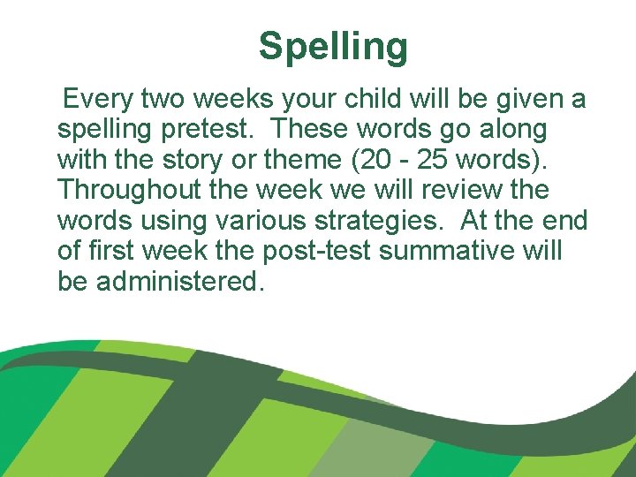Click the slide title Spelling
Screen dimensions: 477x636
[x=333, y=46]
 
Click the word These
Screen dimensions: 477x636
[x=311, y=129]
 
